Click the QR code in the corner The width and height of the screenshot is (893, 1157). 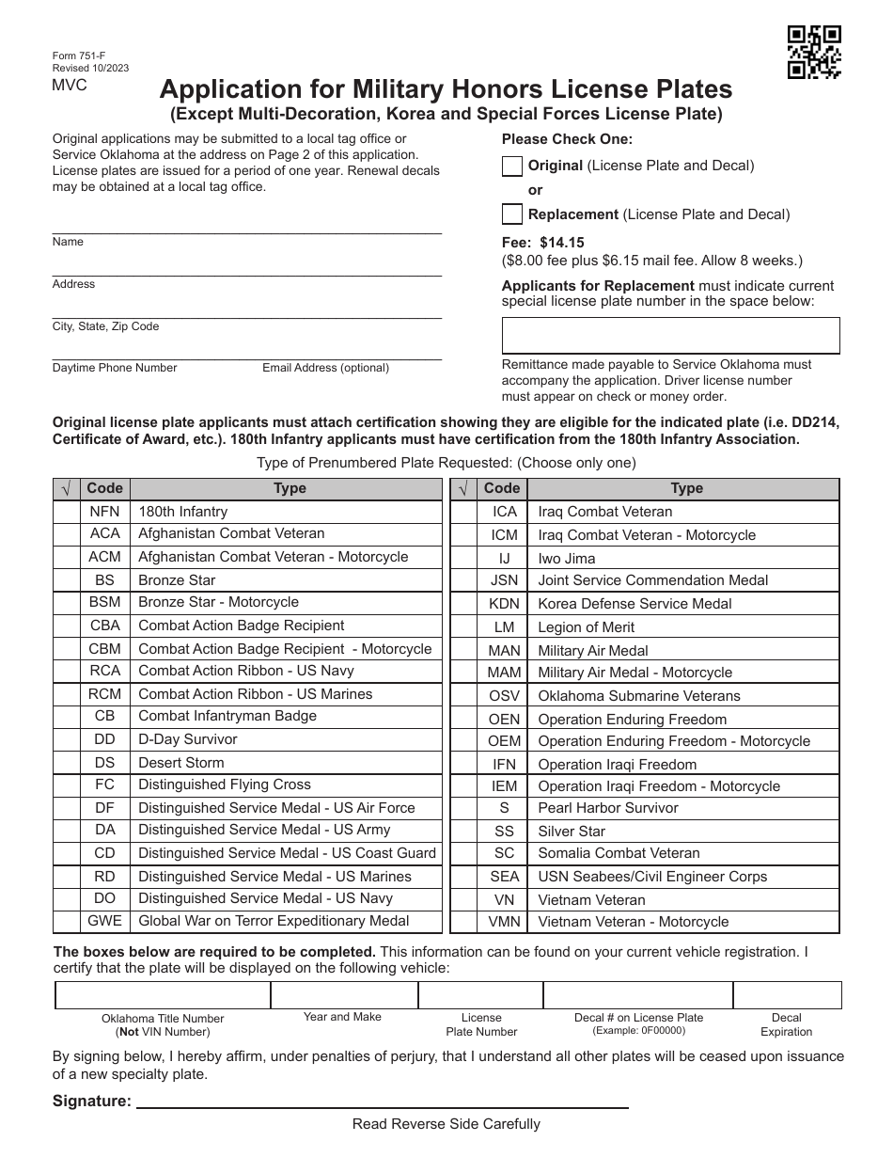pyautogui.click(x=814, y=51)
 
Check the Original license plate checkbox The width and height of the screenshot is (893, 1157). pyautogui.click(x=512, y=166)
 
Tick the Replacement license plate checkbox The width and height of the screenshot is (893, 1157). pyautogui.click(x=512, y=214)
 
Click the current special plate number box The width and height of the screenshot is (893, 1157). pyautogui.click(x=670, y=335)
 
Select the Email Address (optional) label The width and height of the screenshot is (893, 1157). pyautogui.click(x=325, y=368)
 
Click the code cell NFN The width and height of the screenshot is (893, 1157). pyautogui.click(x=104, y=512)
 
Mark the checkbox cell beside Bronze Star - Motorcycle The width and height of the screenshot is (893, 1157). pyautogui.click(x=67, y=603)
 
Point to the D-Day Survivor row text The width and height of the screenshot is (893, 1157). pyautogui.click(x=188, y=739)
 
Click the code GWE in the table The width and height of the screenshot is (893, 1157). pyautogui.click(x=104, y=921)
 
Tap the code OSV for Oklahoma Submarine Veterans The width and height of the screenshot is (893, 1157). pyautogui.click(x=504, y=696)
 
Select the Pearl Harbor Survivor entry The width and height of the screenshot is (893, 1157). pyautogui.click(x=607, y=808)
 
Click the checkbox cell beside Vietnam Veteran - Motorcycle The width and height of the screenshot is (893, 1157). pyautogui.click(x=464, y=922)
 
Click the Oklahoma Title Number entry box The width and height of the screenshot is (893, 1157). pyautogui.click(x=163, y=995)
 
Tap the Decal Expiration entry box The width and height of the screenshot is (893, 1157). pyautogui.click(x=787, y=995)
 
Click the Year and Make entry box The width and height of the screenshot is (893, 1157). pyautogui.click(x=344, y=995)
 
